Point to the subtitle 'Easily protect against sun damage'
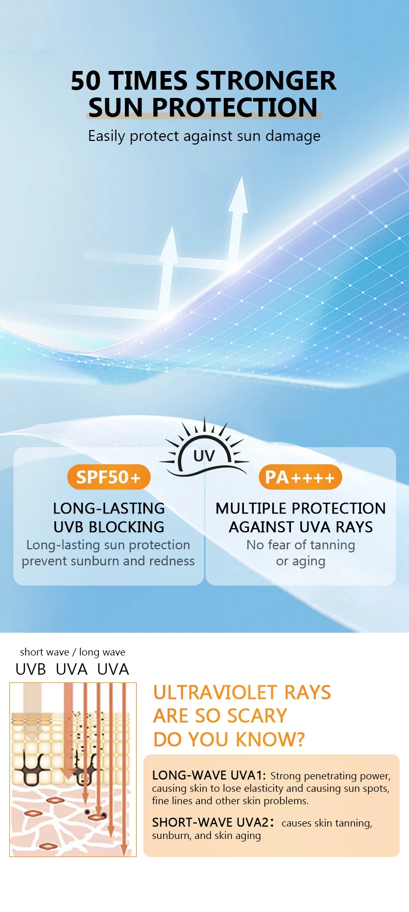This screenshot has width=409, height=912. point(204,136)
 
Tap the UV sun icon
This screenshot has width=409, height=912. point(204,451)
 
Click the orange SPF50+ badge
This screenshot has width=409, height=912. point(109,477)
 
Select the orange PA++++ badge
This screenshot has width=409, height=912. point(300,477)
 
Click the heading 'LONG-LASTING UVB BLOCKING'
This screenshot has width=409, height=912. point(109,518)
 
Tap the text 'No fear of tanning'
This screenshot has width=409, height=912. point(300,545)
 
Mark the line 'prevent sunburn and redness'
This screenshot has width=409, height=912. point(108,561)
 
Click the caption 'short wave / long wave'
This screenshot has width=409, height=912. point(72,652)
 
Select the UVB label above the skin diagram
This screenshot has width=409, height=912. point(31,669)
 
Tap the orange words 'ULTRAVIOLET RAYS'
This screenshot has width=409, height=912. point(242,692)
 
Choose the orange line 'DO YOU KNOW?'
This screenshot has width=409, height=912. point(229,739)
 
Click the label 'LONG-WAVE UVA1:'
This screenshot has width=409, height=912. point(209,775)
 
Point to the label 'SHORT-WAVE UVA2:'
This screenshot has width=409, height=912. point(213,822)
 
